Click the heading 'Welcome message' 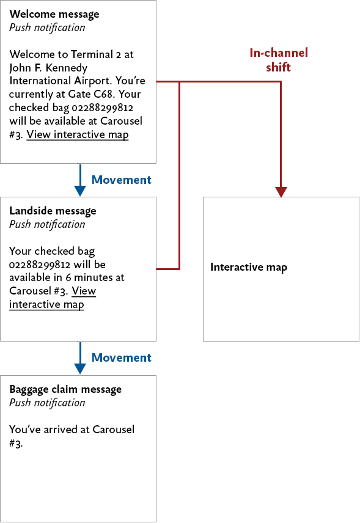[x=54, y=14]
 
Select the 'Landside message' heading [x=53, y=211]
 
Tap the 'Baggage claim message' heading [x=65, y=389]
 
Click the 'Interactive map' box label [x=249, y=267]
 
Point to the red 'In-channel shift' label [x=278, y=60]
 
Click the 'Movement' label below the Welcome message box [x=121, y=180]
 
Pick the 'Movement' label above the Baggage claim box [x=121, y=357]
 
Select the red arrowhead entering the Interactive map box [x=281, y=191]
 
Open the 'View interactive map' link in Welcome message [x=78, y=134]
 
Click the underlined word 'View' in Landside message [x=84, y=291]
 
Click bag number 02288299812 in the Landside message [x=40, y=264]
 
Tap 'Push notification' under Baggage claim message [x=47, y=403]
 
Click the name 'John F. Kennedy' [x=48, y=67]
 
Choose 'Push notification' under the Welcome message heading [x=47, y=27]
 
